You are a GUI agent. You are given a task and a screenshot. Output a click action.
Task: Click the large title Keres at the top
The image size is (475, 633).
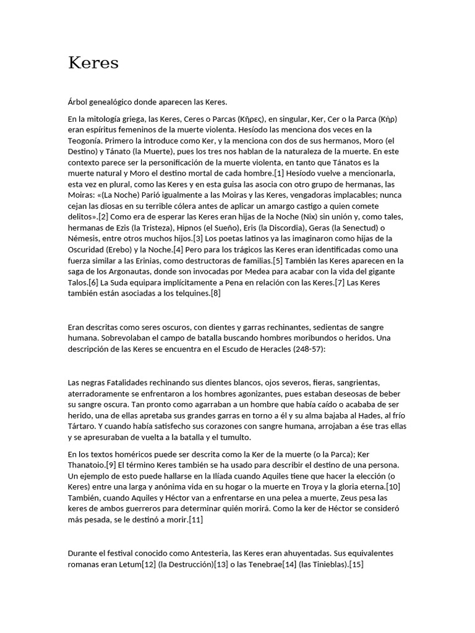coord(93,63)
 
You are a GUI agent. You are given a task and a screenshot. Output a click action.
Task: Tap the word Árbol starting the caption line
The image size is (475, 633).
coord(79,102)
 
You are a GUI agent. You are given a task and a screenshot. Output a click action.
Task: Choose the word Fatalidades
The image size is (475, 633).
coord(125,383)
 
